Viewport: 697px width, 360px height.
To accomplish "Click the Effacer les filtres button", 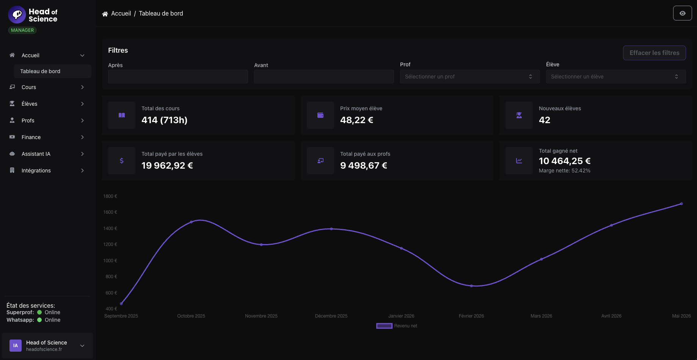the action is pyautogui.click(x=654, y=53).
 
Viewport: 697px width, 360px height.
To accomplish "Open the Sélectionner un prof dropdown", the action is pyautogui.click(x=469, y=77).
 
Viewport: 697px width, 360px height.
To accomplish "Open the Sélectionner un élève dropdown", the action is pyautogui.click(x=615, y=77).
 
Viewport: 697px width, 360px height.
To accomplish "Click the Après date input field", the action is pyautogui.click(x=178, y=77).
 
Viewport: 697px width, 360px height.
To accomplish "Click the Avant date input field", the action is pyautogui.click(x=324, y=77).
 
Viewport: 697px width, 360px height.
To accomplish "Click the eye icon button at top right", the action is pyautogui.click(x=682, y=13).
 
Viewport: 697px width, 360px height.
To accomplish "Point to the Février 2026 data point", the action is pyautogui.click(x=471, y=286).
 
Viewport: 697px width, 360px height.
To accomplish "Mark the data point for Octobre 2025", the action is pyautogui.click(x=191, y=222).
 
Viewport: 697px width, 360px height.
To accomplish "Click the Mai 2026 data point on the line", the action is pyautogui.click(x=681, y=204).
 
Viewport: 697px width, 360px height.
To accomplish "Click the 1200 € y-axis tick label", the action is pyautogui.click(x=110, y=244).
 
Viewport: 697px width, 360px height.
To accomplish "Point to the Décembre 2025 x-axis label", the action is pyautogui.click(x=331, y=316).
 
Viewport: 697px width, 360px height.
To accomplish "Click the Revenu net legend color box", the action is pyautogui.click(x=384, y=326).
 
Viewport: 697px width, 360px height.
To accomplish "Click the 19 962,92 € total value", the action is pyautogui.click(x=167, y=166).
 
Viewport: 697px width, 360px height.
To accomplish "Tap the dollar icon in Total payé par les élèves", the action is pyautogui.click(x=122, y=161).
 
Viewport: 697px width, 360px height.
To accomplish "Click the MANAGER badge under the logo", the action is pyautogui.click(x=22, y=30).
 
